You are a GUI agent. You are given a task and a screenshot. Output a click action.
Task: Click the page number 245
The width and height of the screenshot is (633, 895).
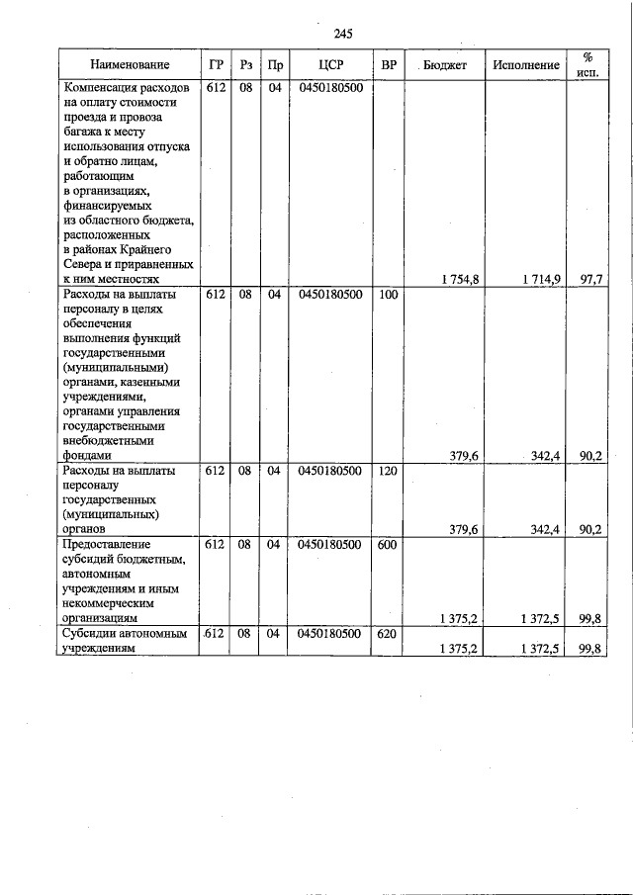[343, 34]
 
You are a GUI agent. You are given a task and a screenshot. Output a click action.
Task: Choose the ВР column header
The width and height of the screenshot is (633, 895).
[389, 65]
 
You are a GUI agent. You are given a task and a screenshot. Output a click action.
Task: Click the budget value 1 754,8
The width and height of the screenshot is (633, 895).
[460, 280]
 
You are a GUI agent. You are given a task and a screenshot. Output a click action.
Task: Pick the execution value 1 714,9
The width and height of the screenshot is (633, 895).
[542, 280]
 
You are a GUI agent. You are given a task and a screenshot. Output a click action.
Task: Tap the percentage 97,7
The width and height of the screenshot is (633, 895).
[591, 280]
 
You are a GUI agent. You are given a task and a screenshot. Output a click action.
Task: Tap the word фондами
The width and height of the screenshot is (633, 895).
[87, 456]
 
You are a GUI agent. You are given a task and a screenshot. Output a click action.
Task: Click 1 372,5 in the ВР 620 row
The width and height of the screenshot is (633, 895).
[542, 649]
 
